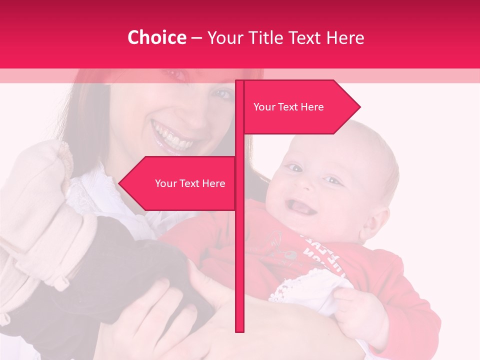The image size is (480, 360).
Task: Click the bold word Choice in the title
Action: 156,37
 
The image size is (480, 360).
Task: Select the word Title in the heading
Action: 267,37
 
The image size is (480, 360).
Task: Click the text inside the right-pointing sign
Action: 288,107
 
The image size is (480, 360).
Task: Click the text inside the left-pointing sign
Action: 190,183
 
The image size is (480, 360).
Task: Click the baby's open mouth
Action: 299,206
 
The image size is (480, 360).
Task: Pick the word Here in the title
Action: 345,37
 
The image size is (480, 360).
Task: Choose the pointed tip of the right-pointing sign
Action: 359,106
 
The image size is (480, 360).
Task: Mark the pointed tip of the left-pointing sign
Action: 120,183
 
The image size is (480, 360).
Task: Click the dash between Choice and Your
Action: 196,38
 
